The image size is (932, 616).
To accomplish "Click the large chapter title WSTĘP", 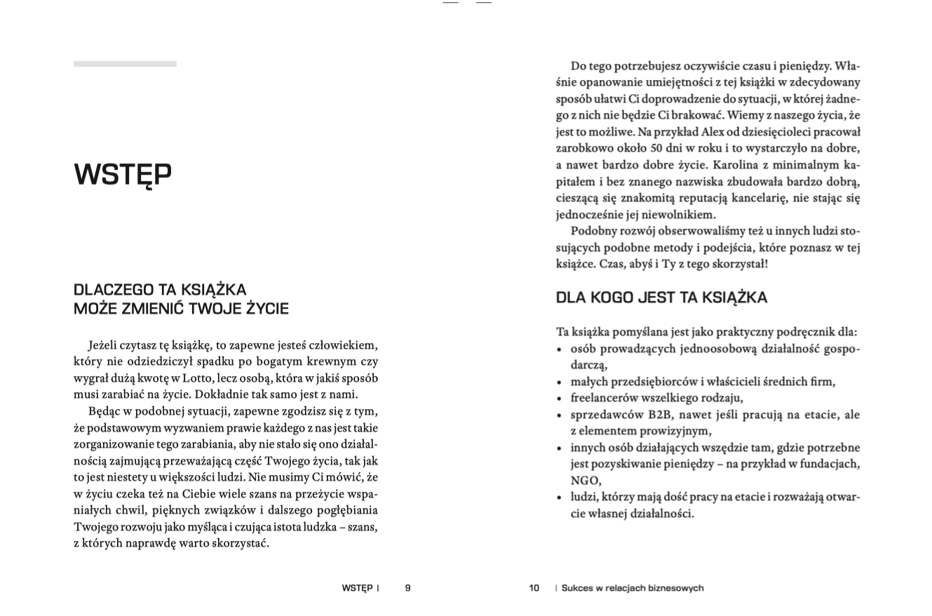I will point(123,175).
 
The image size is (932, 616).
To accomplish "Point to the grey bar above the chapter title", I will point(125,64).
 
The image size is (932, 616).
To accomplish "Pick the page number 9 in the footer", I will point(407,588).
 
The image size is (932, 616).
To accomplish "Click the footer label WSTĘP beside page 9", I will point(357,588).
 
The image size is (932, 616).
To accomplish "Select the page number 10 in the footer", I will point(534,588).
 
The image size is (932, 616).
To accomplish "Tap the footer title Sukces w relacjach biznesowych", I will point(632,588).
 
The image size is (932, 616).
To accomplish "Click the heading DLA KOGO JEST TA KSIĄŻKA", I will point(661,297).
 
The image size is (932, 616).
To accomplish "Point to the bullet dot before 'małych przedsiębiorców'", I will point(559,383).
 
